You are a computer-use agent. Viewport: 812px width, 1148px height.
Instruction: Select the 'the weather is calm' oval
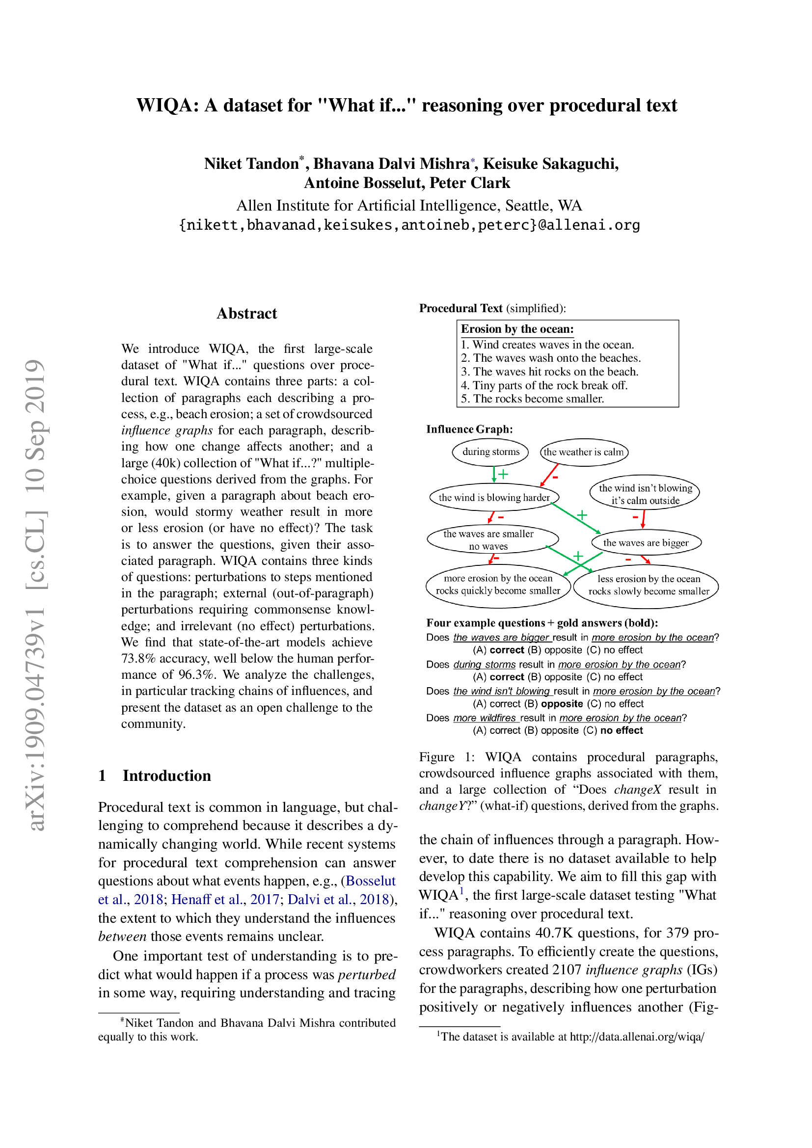tap(584, 452)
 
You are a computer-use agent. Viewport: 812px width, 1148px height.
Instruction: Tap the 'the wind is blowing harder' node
tap(493, 497)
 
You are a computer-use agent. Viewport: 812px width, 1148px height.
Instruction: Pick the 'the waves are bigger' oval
tap(646, 542)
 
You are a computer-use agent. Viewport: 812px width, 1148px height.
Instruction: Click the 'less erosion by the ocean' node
tap(648, 585)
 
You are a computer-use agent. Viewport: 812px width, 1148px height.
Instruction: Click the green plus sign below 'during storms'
tap(503, 474)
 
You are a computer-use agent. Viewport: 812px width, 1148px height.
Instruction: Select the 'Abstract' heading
tap(246, 314)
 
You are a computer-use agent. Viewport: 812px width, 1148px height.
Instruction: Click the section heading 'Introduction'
tap(166, 775)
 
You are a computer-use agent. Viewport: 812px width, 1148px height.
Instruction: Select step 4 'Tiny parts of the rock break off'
tap(544, 385)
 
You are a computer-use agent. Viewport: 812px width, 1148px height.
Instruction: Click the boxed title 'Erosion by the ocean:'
tap(517, 329)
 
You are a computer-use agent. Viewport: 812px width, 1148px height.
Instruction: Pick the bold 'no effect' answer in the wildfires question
tap(622, 730)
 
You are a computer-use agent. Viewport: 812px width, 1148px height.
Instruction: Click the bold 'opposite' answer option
tap(562, 703)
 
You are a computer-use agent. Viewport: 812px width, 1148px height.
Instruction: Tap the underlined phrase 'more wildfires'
tap(484, 718)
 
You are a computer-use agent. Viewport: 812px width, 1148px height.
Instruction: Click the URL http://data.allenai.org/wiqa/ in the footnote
tap(637, 1037)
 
